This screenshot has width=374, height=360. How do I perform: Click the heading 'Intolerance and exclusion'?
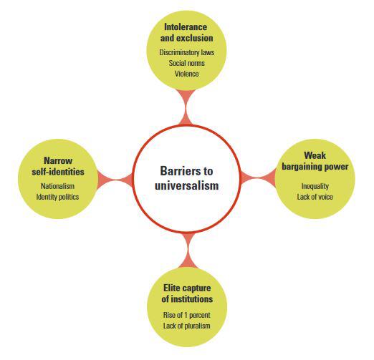186,32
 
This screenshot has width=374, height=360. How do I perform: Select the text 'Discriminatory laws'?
187,52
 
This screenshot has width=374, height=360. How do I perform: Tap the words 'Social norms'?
187,63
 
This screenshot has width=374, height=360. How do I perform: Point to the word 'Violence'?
187,74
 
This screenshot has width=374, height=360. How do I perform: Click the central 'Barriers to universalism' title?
186,178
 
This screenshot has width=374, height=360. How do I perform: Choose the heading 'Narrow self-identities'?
58,166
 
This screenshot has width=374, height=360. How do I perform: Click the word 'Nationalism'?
57,186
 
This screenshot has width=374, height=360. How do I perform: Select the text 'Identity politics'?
57,197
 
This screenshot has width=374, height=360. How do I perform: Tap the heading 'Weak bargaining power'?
315,161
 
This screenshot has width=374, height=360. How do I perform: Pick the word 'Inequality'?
315,186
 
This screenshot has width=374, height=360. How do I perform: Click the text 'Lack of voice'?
315,197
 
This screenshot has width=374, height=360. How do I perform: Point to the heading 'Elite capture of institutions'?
187,293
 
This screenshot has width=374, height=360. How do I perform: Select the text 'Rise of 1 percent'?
187,315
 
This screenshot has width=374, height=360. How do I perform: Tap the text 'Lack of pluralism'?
187,326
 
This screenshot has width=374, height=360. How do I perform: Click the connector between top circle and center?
186,107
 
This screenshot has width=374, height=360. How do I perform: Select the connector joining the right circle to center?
258,177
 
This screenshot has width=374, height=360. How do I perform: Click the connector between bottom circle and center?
188,250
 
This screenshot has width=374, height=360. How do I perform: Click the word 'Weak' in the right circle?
315,156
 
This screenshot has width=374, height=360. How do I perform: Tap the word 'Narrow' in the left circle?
58,160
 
